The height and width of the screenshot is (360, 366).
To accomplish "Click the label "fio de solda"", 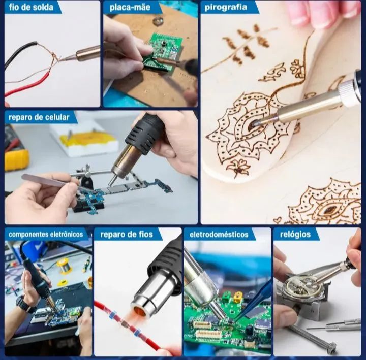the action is (32, 7).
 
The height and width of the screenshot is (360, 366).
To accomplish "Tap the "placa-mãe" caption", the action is (130, 7).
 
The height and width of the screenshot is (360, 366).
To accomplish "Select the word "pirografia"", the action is (226, 7).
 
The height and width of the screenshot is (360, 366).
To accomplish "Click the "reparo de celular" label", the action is (39, 117).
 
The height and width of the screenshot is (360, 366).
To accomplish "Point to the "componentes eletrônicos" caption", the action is (46, 234).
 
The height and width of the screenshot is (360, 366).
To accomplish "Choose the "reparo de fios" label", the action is (127, 234).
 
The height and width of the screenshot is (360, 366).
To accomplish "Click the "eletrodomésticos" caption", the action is (219, 234).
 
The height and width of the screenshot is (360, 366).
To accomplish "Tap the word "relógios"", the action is (295, 234).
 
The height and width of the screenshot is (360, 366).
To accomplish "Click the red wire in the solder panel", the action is (28, 85).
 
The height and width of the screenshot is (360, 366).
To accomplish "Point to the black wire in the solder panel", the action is (19, 52).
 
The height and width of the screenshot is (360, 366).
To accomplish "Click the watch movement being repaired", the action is (301, 286).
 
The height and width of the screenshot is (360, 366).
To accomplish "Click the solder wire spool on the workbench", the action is (63, 266).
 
